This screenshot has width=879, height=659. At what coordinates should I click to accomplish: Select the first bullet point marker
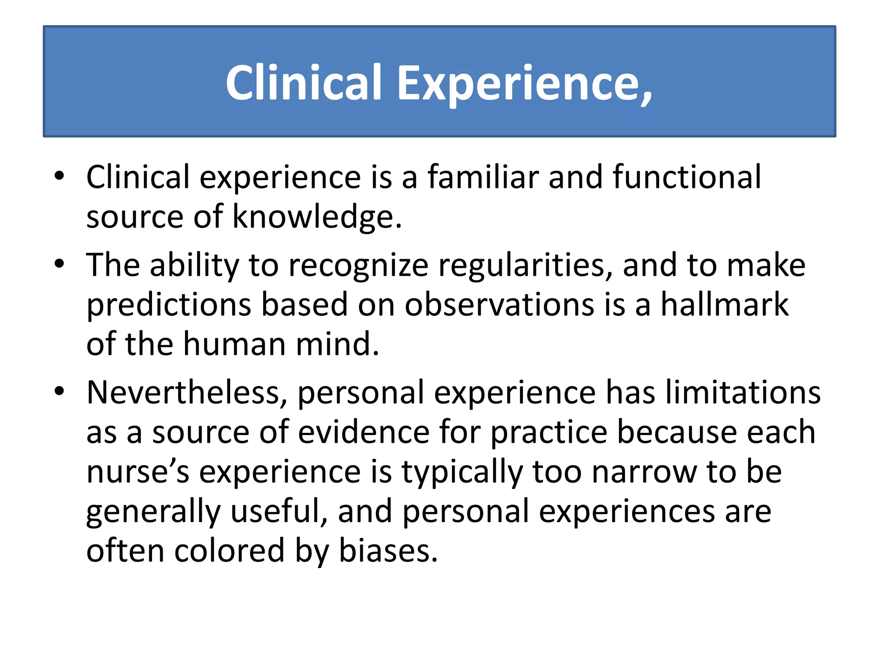pyautogui.click(x=60, y=176)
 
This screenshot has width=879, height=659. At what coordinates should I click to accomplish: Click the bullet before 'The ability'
pyautogui.click(x=60, y=264)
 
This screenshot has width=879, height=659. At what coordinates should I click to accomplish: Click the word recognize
pyautogui.click(x=358, y=266)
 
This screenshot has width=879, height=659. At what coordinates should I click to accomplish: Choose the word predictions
pyautogui.click(x=169, y=305)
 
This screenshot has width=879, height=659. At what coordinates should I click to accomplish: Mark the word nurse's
pyautogui.click(x=137, y=472)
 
